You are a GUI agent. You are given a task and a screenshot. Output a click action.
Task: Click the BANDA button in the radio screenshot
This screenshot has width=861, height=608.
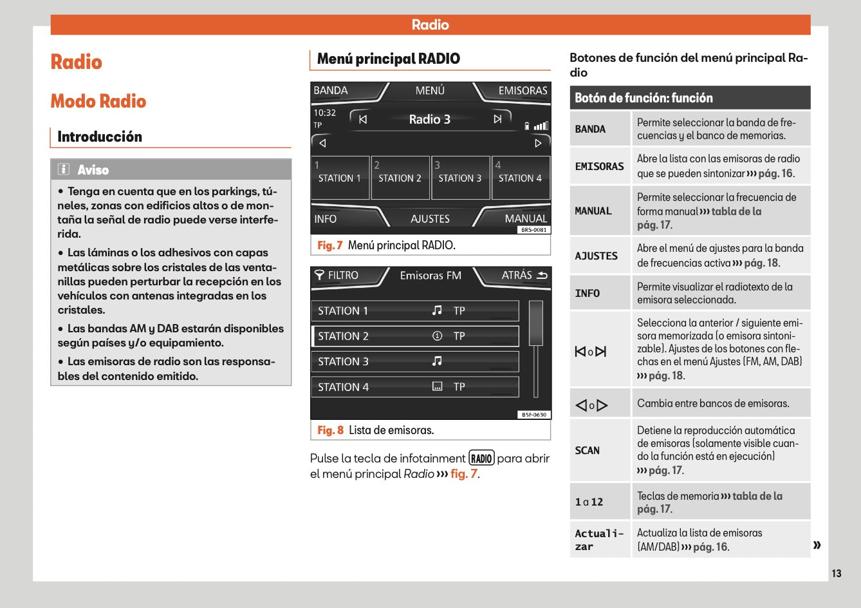331,91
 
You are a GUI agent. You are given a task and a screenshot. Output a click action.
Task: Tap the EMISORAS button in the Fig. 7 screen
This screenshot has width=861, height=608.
522,91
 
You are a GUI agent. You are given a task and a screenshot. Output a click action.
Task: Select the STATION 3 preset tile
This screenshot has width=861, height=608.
459,178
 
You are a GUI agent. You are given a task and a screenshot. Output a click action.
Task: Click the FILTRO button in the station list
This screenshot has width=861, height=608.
337,276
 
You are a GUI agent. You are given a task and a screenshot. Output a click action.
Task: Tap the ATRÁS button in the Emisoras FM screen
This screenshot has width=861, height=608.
523,276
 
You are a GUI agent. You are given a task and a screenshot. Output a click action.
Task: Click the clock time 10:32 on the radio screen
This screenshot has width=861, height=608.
325,113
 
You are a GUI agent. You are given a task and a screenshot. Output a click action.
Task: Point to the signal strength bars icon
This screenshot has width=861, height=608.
541,126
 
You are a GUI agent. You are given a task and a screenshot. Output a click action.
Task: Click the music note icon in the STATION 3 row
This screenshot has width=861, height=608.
437,361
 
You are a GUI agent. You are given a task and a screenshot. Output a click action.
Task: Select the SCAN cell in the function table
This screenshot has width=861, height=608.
587,450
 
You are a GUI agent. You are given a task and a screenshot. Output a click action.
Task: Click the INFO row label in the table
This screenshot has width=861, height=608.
587,293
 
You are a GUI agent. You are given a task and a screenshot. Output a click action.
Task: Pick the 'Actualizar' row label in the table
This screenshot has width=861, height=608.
598,540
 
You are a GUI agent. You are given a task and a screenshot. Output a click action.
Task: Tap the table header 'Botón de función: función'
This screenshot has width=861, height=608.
643,98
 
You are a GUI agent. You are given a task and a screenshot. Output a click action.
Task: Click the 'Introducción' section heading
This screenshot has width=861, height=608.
100,137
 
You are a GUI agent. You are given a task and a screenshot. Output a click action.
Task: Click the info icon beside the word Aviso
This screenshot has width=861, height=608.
63,169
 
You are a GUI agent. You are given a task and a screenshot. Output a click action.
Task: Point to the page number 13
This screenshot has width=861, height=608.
836,573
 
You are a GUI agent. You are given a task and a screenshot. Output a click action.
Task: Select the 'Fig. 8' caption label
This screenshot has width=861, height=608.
330,430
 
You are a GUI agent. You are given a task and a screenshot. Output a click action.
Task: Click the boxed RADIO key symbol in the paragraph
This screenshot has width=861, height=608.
481,459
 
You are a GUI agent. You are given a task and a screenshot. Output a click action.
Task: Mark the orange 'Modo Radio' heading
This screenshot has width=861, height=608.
98,101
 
